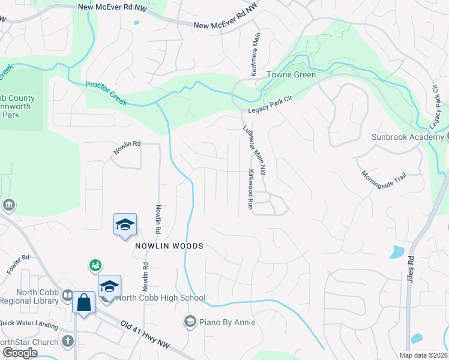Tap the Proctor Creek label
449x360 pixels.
click(x=106, y=94)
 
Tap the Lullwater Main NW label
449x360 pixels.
click(x=255, y=151)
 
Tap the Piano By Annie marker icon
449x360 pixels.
click(x=190, y=322)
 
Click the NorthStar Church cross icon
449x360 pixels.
click(x=68, y=342)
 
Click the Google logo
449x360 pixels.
click(x=19, y=353)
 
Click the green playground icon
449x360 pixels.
click(x=95, y=265)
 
